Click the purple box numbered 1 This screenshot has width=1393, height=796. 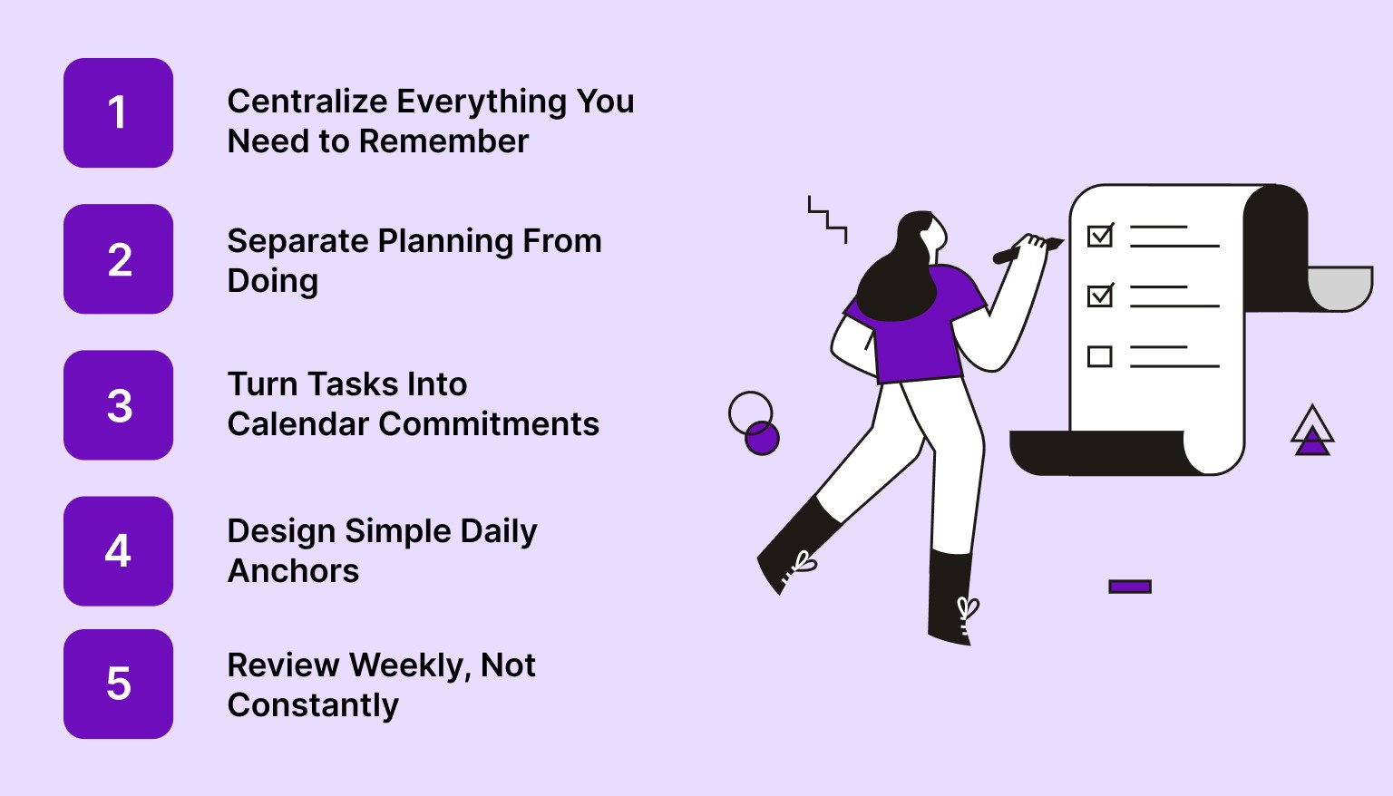[118, 113]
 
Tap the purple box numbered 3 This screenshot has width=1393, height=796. [118, 405]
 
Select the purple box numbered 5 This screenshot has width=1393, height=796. [118, 684]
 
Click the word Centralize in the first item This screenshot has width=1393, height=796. [307, 102]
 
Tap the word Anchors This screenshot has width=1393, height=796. [293, 571]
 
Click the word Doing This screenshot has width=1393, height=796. [272, 281]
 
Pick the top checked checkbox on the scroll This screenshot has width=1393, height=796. [1100, 236]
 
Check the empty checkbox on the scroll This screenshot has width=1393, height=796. [1100, 356]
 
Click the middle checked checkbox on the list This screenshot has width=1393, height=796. [1100, 296]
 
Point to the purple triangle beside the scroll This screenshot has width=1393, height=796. [1311, 442]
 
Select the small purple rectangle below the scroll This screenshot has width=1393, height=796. [1130, 587]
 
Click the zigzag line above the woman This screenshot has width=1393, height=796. [827, 218]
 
